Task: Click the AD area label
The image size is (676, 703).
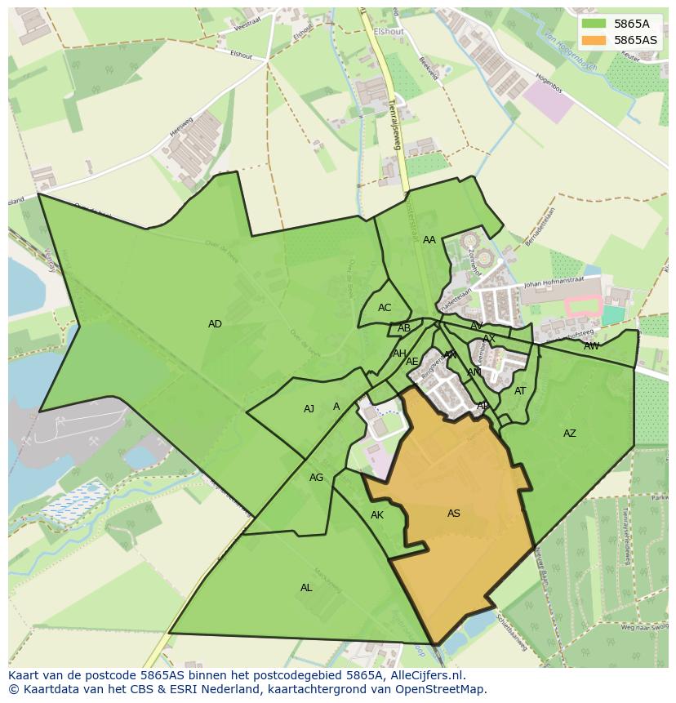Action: click(x=215, y=324)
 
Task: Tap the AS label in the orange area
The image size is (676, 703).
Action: click(x=454, y=514)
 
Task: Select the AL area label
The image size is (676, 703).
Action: click(x=306, y=588)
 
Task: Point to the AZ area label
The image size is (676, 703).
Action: click(x=570, y=434)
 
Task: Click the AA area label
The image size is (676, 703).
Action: click(x=429, y=240)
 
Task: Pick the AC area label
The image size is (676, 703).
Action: click(x=385, y=308)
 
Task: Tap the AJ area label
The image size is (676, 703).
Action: click(x=309, y=409)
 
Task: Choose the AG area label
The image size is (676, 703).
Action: click(x=317, y=478)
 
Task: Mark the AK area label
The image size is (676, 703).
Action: click(x=377, y=515)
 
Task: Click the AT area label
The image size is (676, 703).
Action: click(x=520, y=391)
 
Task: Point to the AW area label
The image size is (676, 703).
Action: click(x=591, y=346)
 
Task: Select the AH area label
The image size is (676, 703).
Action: click(x=399, y=354)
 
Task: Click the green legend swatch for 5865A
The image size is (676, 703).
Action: click(x=594, y=24)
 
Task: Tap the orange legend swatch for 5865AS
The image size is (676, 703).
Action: click(x=594, y=39)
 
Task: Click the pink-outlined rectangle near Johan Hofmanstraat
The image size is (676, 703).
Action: click(x=583, y=306)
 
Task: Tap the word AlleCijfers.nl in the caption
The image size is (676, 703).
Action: click(x=425, y=676)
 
